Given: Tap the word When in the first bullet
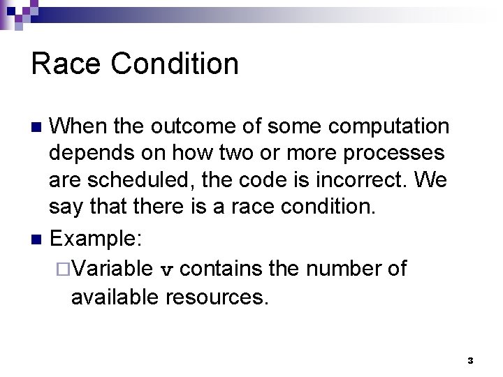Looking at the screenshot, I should click(x=78, y=127).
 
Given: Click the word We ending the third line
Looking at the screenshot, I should click(x=430, y=181).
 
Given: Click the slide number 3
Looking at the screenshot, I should click(x=470, y=361).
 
